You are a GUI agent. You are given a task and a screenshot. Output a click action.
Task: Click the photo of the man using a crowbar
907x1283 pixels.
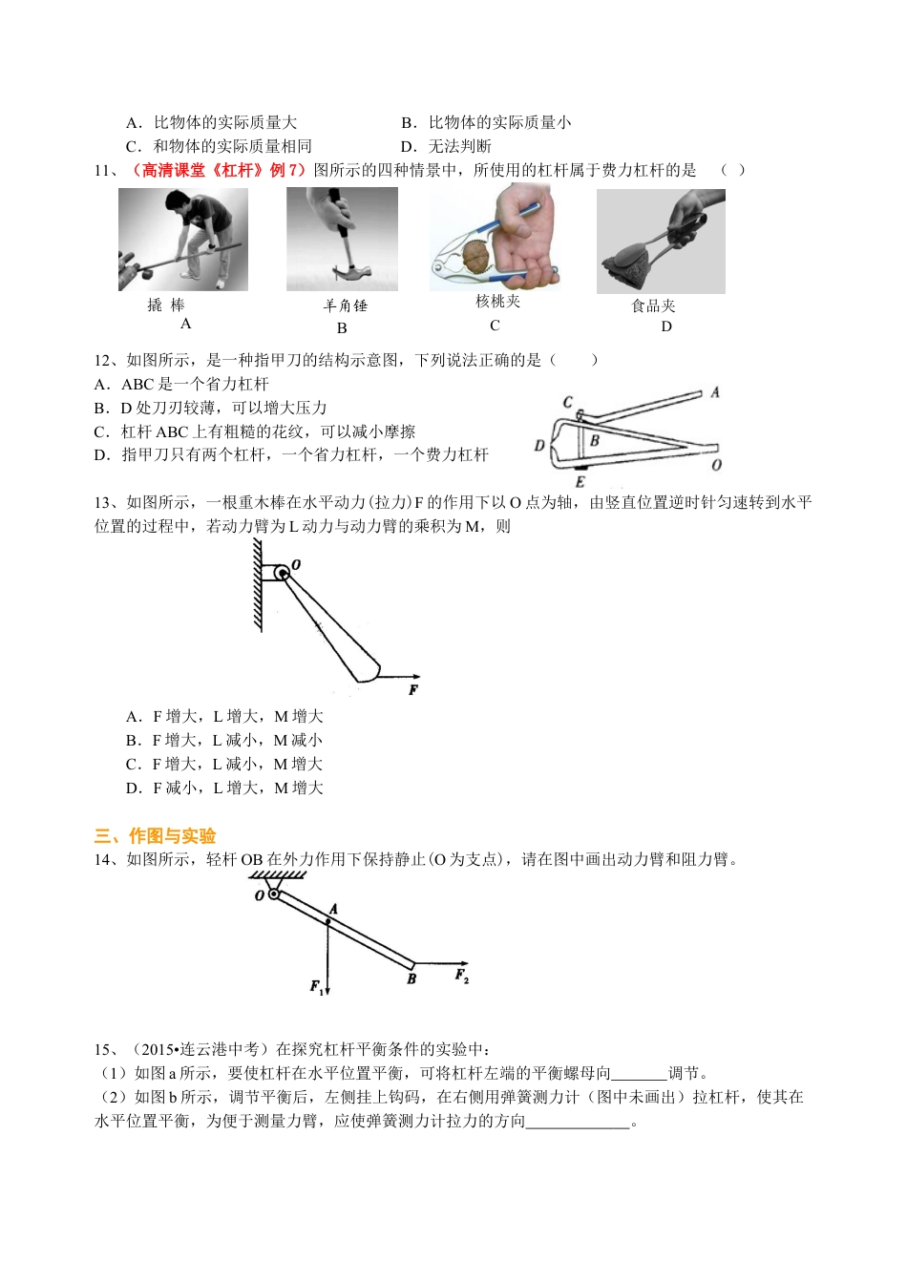182,239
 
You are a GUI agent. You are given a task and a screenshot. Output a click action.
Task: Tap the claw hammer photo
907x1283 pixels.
342,239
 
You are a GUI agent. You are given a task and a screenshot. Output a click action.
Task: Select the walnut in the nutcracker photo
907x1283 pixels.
476,256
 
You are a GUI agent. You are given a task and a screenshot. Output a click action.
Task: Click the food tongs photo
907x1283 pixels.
661,241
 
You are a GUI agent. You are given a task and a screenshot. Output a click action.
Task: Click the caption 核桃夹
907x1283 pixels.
497,302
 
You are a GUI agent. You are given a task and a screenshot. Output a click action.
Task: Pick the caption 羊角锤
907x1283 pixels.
345,305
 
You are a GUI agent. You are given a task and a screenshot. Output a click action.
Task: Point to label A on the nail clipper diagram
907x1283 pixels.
714,392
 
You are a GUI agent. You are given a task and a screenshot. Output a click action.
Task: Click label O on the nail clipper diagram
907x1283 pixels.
716,465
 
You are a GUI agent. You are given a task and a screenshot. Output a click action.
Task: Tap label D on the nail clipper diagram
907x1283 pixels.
539,445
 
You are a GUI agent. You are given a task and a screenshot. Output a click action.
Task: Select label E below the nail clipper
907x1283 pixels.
580,482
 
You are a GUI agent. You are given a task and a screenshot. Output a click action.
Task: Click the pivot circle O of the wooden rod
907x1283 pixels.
282,573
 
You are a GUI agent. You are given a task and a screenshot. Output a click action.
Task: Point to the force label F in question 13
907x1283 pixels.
413,689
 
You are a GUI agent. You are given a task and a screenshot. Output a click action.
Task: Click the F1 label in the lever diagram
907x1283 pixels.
318,987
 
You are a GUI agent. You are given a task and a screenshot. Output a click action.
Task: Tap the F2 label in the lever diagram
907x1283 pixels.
461,976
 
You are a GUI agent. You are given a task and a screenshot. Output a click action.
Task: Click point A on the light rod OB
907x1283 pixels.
327,921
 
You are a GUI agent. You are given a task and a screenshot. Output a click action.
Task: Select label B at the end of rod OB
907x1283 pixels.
411,978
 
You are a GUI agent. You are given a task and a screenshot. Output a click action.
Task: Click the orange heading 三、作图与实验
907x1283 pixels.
155,836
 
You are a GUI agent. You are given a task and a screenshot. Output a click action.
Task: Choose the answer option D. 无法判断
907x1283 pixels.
447,146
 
